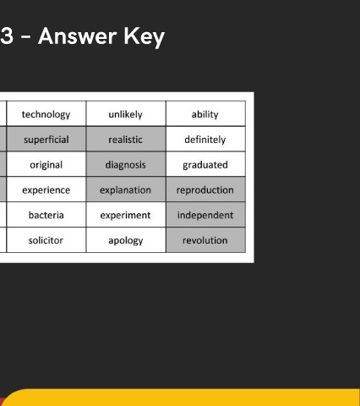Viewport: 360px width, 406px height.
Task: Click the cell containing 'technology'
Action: pos(46,113)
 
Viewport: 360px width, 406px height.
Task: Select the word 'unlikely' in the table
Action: pos(126,114)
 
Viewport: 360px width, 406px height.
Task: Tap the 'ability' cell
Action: pos(205,113)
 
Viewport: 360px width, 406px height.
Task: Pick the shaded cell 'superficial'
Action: pos(46,139)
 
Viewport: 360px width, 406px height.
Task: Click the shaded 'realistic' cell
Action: pos(126,139)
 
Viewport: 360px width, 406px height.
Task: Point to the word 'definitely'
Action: pos(205,140)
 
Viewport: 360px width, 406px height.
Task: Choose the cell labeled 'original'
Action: pos(46,164)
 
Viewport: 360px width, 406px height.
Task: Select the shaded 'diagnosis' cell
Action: pos(126,164)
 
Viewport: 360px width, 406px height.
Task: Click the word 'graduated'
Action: pos(205,165)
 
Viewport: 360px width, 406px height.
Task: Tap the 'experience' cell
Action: pos(46,189)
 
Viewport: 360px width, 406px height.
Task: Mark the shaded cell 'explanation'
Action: pos(126,189)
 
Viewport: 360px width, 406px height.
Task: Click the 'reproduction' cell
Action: pos(205,189)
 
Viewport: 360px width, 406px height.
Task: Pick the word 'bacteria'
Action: pos(46,215)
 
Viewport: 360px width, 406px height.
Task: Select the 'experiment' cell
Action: pos(126,215)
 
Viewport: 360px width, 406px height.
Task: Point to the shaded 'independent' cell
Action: pos(205,215)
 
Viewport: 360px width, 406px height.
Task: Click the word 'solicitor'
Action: pos(46,240)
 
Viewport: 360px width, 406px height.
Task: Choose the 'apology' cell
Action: pos(126,240)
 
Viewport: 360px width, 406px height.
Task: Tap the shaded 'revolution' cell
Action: pos(205,240)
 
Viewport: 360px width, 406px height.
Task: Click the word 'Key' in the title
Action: pos(145,37)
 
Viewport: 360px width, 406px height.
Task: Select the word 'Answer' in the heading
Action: pos(78,36)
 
